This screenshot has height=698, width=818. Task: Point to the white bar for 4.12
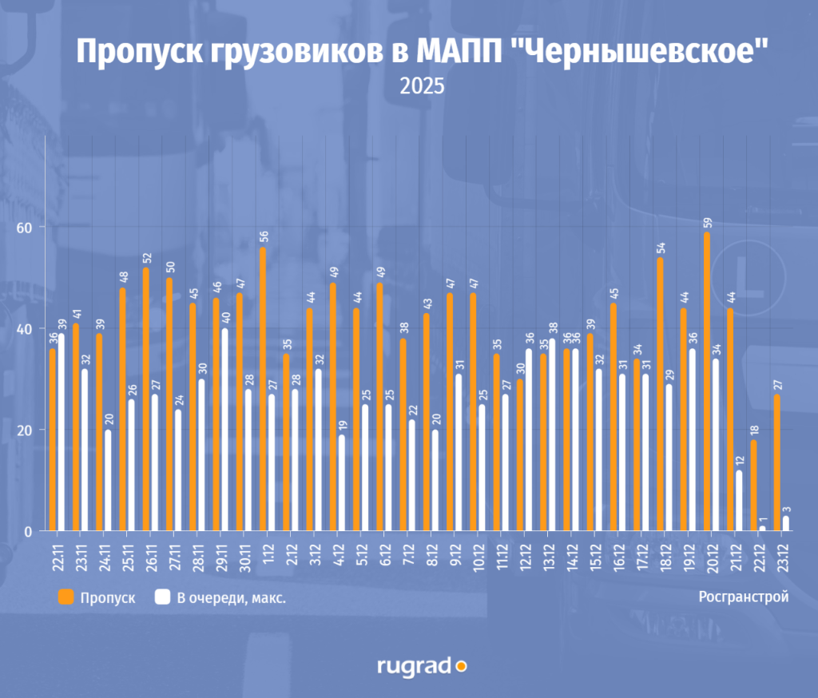[342, 483]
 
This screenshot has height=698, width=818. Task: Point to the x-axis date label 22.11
[58, 556]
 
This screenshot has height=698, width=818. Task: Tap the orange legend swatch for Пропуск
[66, 597]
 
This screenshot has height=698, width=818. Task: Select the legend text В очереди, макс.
[232, 597]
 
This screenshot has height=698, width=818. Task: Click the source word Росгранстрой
[743, 597]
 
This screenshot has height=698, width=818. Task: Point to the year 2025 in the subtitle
[422, 86]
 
